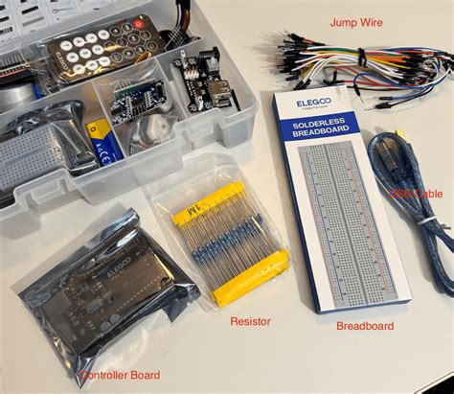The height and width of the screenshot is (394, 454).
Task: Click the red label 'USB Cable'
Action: click(x=416, y=194)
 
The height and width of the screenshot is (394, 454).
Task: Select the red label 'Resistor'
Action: click(x=250, y=321)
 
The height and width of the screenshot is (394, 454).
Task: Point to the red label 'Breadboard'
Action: click(x=365, y=326)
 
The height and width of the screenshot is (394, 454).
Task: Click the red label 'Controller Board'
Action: click(x=120, y=374)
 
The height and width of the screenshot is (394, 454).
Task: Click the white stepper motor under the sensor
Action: click(x=153, y=131)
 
